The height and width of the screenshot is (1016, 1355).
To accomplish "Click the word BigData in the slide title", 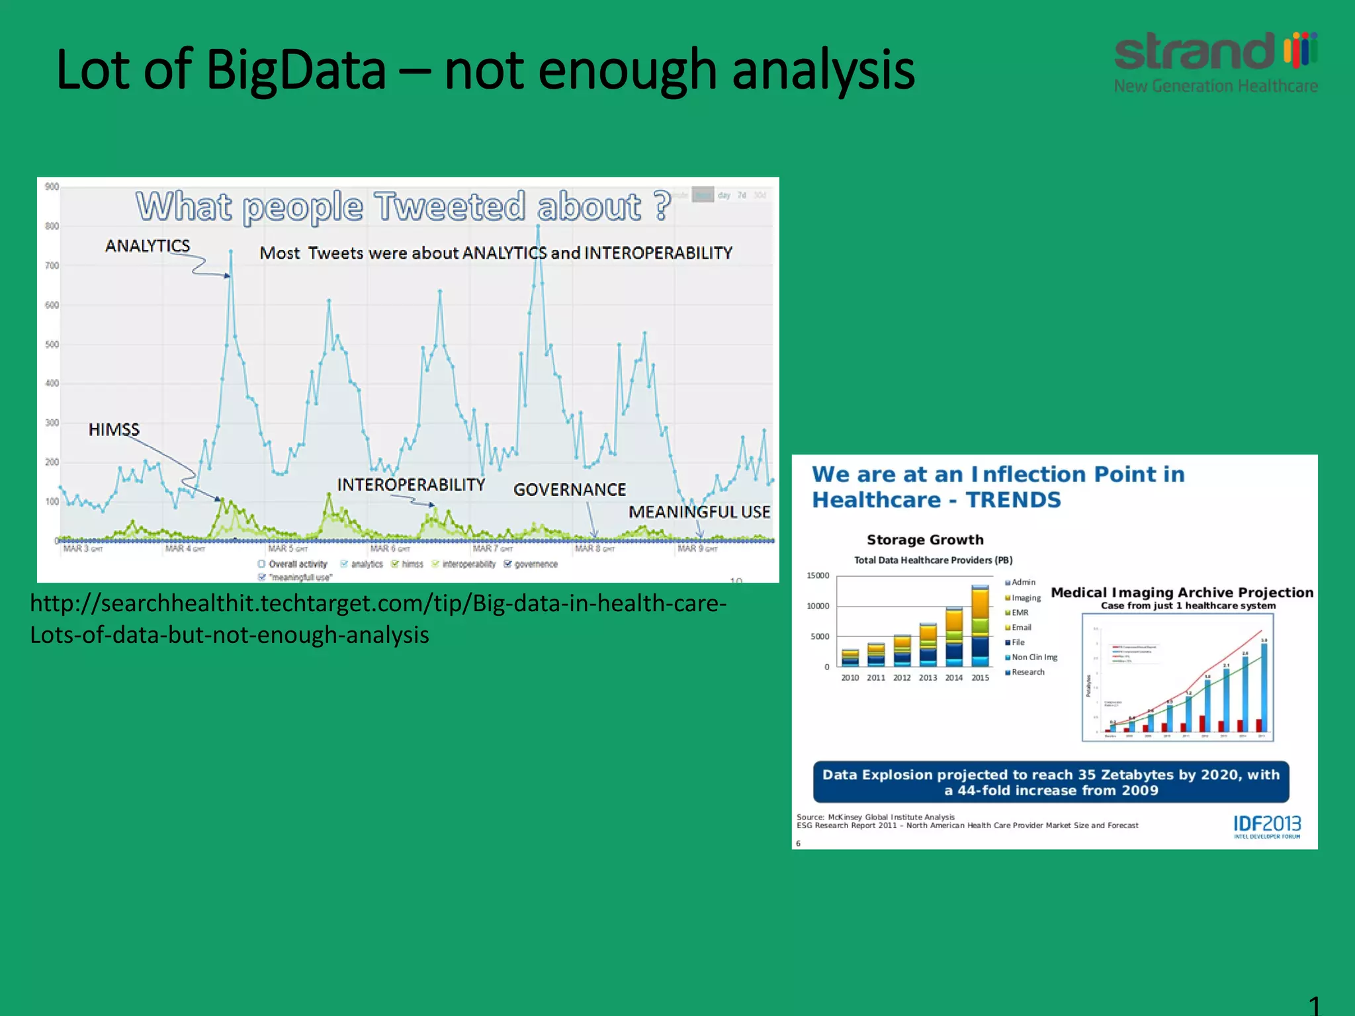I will [x=296, y=70].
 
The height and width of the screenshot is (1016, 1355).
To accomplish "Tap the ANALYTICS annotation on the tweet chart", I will [x=148, y=246].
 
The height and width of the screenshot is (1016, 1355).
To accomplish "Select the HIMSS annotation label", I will [x=114, y=430].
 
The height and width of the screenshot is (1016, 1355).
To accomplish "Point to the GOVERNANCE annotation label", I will [x=569, y=490].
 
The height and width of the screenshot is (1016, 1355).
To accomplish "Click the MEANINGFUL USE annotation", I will [x=699, y=512].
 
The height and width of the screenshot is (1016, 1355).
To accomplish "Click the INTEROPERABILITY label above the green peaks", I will [x=411, y=485].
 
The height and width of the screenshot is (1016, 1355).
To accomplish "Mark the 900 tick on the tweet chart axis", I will [x=52, y=187].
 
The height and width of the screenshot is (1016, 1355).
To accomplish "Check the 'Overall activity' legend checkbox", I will [x=261, y=564].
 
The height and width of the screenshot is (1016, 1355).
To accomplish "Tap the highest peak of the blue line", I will [x=538, y=226].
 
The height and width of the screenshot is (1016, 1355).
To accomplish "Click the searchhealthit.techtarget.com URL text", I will [x=378, y=604].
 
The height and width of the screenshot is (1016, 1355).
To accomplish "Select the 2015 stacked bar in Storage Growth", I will [x=980, y=625].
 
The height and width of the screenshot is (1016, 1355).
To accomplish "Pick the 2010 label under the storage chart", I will [x=850, y=678].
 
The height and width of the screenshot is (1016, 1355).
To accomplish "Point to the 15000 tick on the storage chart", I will [x=818, y=576].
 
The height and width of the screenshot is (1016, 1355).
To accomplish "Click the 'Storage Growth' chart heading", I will [x=925, y=540].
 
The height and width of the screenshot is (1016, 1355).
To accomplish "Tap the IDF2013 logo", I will [x=1266, y=825].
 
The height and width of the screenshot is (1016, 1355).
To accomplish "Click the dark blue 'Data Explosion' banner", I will [x=1051, y=782].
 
